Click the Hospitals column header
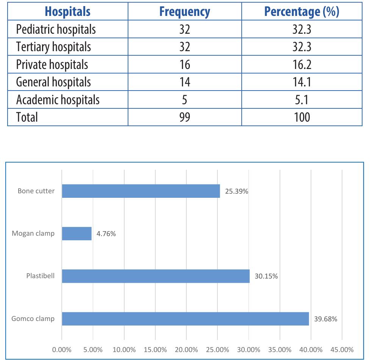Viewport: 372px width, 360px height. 67,12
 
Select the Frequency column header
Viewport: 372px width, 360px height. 184,12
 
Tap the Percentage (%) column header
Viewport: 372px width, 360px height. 302,12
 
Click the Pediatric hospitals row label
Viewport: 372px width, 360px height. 56,29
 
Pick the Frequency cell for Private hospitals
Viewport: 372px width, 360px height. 184,64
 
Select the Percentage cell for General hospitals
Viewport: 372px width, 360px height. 302,82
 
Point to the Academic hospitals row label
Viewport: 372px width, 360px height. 58,100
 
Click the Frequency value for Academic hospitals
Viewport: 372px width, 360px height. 184,100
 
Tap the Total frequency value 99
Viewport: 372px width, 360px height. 184,117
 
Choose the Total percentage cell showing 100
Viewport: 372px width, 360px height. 302,117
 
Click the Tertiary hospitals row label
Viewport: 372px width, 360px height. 53,47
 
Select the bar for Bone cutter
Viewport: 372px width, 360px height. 141,191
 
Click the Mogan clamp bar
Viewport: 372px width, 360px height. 77,233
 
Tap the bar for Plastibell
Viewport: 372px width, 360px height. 156,276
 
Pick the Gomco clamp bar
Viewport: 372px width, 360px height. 185,319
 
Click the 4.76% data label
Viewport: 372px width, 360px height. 106,234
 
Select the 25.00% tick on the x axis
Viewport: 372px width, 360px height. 217,349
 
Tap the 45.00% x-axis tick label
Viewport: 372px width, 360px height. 342,349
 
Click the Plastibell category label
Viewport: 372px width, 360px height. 40,276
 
